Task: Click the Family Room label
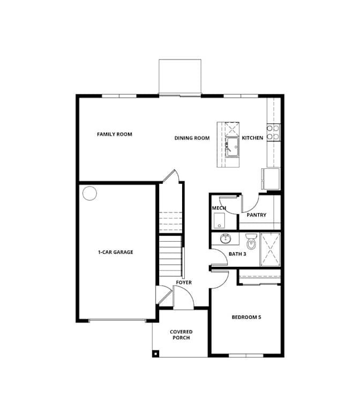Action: click(115, 134)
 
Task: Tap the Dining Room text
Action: click(192, 138)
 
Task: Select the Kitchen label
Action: click(252, 138)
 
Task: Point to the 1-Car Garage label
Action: click(115, 252)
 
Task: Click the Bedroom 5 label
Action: click(246, 317)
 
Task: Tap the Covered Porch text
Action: click(181, 335)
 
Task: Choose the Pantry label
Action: click(256, 215)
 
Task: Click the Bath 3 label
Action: click(237, 254)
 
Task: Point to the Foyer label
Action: click(184, 282)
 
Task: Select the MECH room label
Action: click(219, 208)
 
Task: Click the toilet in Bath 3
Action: click(251, 241)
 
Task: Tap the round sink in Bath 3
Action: click(226, 238)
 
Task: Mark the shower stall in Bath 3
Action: click(270, 250)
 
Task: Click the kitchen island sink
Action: click(232, 147)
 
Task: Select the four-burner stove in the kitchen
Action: click(273, 132)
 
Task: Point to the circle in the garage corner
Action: click(89, 193)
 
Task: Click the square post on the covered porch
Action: click(155, 354)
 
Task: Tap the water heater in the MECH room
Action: click(219, 221)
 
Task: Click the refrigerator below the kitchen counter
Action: click(271, 179)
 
